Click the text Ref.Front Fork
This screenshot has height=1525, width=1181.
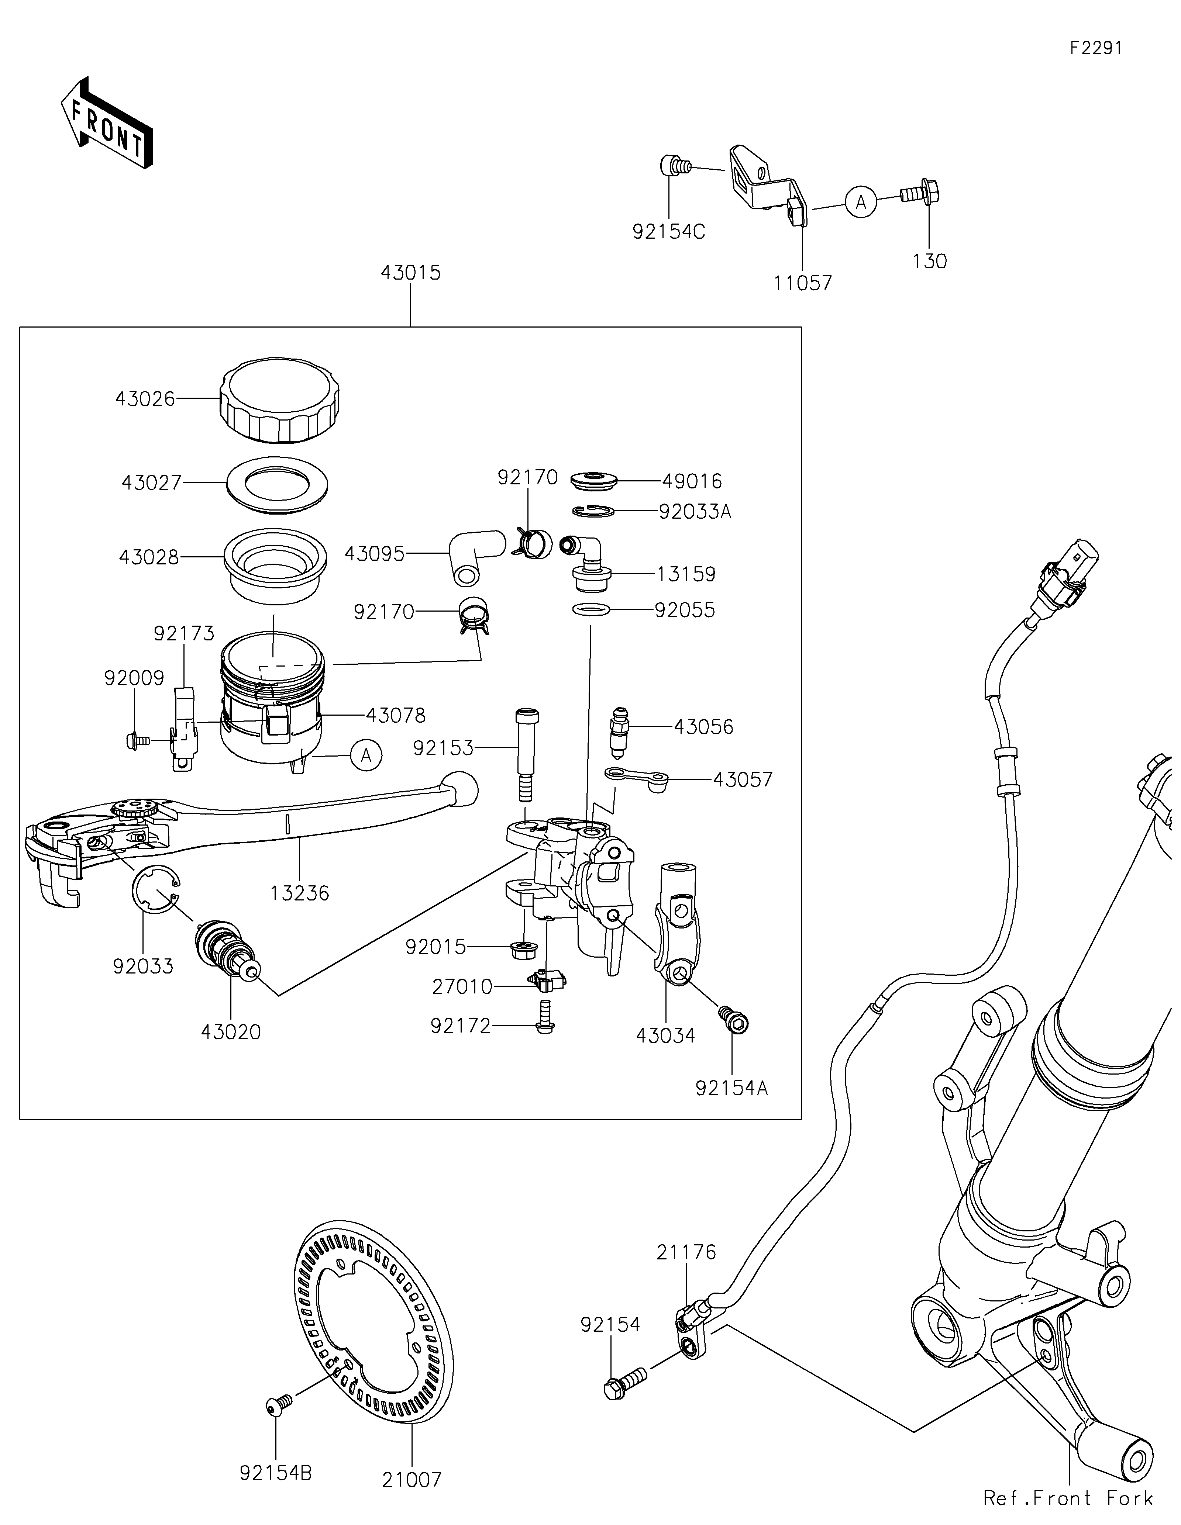(x=1068, y=1498)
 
